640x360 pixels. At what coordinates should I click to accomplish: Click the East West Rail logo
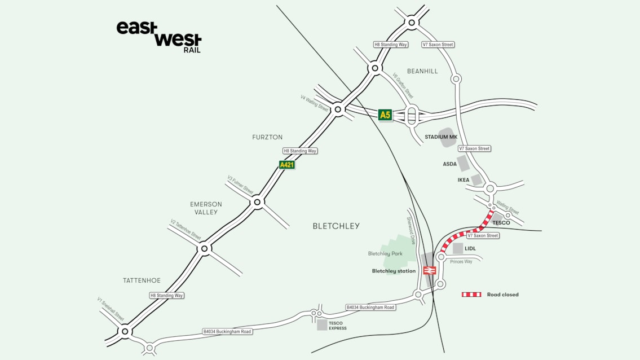[x=158, y=37]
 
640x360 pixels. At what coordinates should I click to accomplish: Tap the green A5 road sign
[x=385, y=115]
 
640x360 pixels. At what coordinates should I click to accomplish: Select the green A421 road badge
[x=287, y=165]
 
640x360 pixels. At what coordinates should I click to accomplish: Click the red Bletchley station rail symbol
[x=429, y=271]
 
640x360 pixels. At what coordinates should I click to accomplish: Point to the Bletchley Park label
[x=385, y=254]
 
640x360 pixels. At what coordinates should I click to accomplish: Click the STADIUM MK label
[x=440, y=137]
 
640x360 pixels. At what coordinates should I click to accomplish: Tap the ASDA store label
[x=449, y=164]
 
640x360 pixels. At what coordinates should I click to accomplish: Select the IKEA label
[x=463, y=180]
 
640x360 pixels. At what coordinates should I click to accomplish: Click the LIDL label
[x=470, y=248]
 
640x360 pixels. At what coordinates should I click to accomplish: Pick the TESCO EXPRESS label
[x=337, y=326]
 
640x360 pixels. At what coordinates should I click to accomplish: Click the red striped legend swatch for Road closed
[x=471, y=295]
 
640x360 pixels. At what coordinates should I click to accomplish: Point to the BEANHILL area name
[x=422, y=71]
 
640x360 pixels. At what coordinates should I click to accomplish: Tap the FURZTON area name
[x=267, y=137]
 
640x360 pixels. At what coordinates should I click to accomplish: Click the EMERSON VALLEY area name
[x=206, y=208]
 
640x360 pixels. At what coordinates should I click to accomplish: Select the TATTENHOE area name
[x=142, y=280]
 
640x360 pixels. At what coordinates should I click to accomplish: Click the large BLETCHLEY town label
[x=336, y=226]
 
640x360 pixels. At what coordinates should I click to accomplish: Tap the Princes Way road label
[x=461, y=262]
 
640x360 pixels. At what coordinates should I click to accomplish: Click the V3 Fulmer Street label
[x=240, y=185]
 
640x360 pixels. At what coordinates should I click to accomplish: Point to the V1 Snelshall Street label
[x=111, y=310]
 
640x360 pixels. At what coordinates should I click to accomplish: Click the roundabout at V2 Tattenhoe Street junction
[x=205, y=248]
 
